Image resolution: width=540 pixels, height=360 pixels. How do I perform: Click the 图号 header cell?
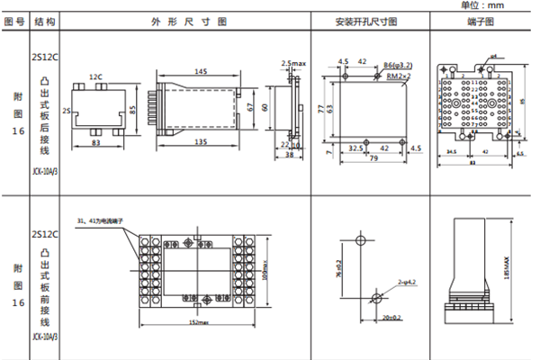click(x=13, y=22)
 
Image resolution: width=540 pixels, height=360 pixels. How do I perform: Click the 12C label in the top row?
click(x=95, y=76)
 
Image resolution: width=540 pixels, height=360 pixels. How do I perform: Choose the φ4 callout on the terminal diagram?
click(x=493, y=56)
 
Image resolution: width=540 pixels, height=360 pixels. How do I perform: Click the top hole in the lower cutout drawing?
click(x=360, y=241)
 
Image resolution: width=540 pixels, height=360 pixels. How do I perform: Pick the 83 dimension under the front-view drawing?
click(x=95, y=142)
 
